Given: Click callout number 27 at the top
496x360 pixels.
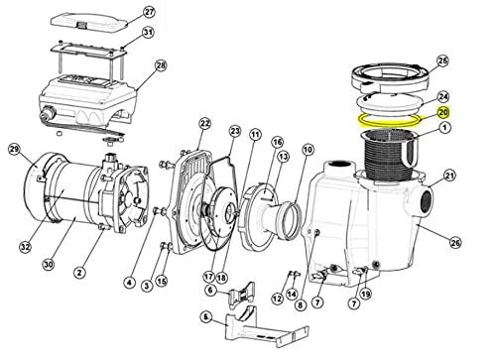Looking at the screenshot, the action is click(149, 12).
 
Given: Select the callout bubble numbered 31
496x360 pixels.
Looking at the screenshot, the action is click(148, 33).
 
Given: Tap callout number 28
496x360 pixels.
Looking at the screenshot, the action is click(161, 65).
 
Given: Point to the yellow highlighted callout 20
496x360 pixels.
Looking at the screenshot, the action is click(443, 113).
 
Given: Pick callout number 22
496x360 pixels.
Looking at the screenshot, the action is click(205, 124).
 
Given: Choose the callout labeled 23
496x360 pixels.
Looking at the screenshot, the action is click(235, 131).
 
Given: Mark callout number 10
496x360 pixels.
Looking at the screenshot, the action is click(308, 150).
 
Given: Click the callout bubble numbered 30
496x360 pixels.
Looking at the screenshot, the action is click(49, 264).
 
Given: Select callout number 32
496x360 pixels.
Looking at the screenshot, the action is click(25, 246).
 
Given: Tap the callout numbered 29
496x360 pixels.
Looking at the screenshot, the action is click(14, 149).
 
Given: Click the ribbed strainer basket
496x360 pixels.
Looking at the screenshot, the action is click(390, 156).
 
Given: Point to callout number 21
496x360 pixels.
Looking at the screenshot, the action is click(449, 176).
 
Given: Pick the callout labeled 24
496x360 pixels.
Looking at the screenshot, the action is click(443, 96).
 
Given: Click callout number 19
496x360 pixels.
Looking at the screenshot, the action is click(366, 294).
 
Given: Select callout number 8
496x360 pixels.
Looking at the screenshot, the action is click(301, 304).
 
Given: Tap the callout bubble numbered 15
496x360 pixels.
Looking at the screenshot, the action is click(162, 282).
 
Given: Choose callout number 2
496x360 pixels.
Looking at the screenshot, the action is click(79, 273).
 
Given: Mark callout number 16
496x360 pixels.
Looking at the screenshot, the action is click(277, 142).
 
